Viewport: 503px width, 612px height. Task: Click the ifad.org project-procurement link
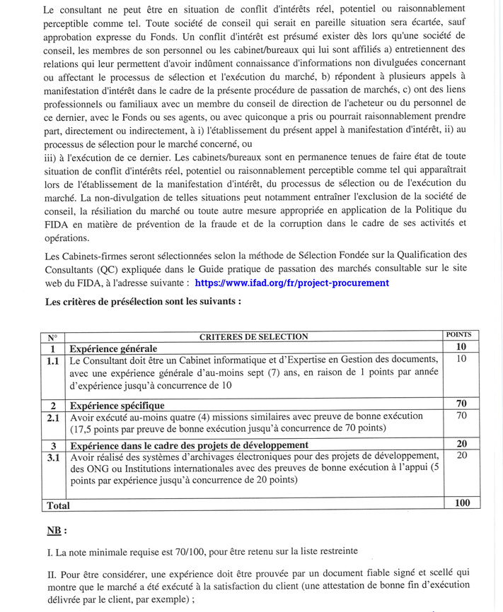pyautogui.click(x=291, y=283)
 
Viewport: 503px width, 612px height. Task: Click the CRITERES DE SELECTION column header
pyautogui.click(x=254, y=336)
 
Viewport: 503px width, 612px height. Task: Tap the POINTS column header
pyautogui.click(x=461, y=334)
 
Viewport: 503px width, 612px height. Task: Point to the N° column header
pyautogui.click(x=52, y=337)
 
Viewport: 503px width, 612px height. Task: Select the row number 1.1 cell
pyautogui.click(x=52, y=360)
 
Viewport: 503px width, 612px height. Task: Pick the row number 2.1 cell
pyautogui.click(x=52, y=418)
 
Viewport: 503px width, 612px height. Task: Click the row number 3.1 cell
pyautogui.click(x=52, y=457)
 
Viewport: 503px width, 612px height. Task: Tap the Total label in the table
pyautogui.click(x=57, y=505)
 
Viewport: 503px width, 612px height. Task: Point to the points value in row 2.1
pyautogui.click(x=461, y=416)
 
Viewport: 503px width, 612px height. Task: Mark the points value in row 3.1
pyautogui.click(x=461, y=456)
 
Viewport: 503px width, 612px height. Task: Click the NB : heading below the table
pyautogui.click(x=57, y=530)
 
